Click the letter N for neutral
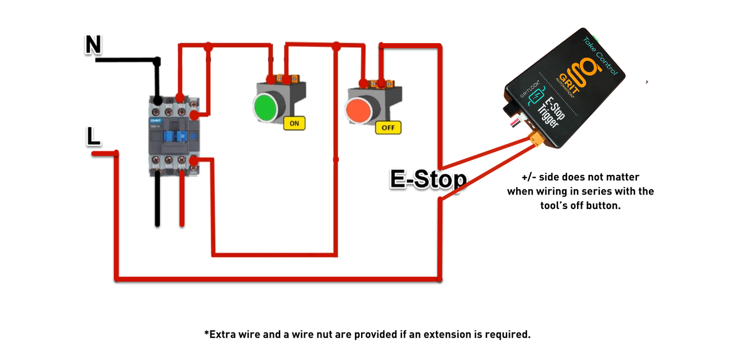click(93, 45)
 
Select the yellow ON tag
click(294, 123)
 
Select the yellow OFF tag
click(388, 128)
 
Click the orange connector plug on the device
click(536, 141)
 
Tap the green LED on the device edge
click(597, 37)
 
